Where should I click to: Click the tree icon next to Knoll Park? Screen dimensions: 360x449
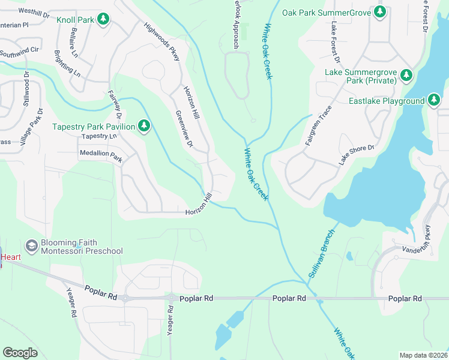pyautogui.click(x=103, y=20)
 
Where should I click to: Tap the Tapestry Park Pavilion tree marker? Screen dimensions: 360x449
pyautogui.click(x=143, y=126)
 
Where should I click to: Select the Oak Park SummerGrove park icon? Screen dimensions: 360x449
pyautogui.click(x=379, y=11)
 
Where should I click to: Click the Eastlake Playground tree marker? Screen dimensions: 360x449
pyautogui.click(x=434, y=101)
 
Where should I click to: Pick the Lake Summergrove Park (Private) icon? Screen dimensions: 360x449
pyautogui.click(x=406, y=75)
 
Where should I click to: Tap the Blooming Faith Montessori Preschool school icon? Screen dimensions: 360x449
pyautogui.click(x=31, y=246)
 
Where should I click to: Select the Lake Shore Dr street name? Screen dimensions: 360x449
pyautogui.click(x=356, y=156)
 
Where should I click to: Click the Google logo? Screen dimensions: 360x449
pyautogui.click(x=20, y=353)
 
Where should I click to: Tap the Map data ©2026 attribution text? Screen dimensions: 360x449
pyautogui.click(x=423, y=355)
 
